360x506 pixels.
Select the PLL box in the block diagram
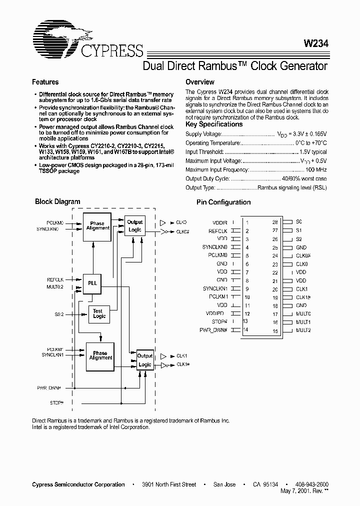coord(92,283)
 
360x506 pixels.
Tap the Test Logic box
coord(99,313)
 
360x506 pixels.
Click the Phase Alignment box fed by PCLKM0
coord(97,225)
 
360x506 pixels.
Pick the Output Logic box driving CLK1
coord(144,360)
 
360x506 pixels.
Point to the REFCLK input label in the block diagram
coord(55,280)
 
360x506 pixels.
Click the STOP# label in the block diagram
coord(56,402)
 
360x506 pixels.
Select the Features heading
coord(45,82)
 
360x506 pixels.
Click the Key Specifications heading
coord(213,124)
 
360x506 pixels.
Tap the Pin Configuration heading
coord(223,202)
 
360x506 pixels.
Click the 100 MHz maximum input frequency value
coord(315,169)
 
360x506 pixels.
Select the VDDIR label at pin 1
coord(219,222)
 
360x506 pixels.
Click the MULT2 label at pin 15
coord(303,330)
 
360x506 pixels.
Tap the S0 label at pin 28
coord(299,222)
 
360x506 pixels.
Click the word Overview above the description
coord(199,82)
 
